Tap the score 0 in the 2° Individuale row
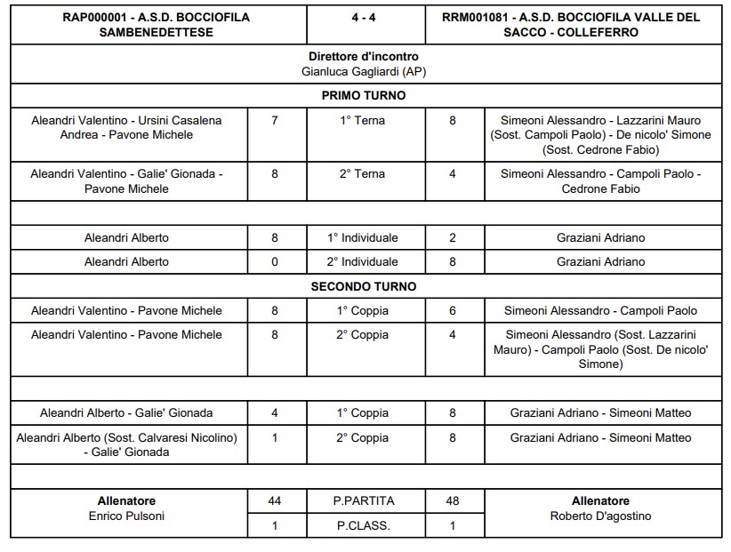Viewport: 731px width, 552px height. [x=274, y=261]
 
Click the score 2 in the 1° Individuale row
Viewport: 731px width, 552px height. [x=452, y=237]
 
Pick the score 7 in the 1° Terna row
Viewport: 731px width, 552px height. [x=274, y=120]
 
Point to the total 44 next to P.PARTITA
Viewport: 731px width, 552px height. [x=274, y=501]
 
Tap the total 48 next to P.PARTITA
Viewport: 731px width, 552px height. [x=452, y=501]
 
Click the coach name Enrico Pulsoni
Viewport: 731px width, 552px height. [x=126, y=516]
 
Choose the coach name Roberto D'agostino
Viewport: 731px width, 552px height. [x=601, y=516]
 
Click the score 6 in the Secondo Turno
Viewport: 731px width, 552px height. [x=452, y=310]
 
